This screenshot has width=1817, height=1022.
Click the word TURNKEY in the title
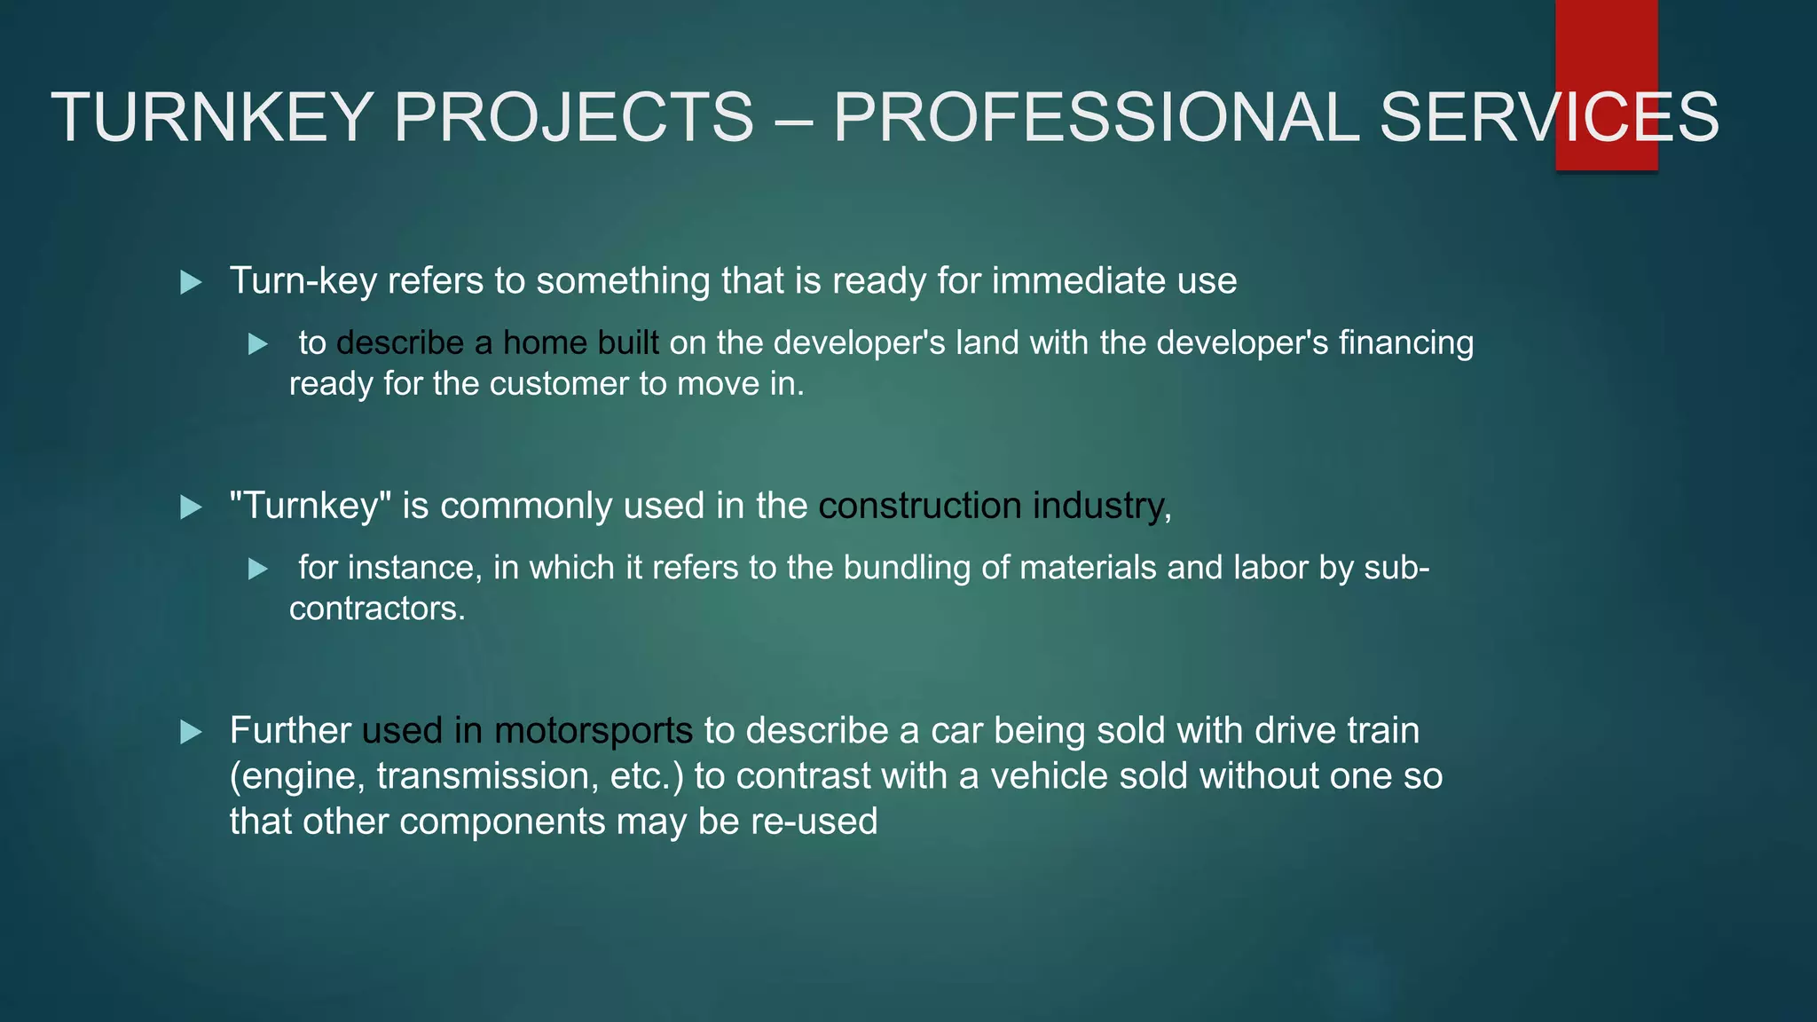click(x=211, y=117)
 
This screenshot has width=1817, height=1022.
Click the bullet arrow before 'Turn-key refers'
click(x=191, y=283)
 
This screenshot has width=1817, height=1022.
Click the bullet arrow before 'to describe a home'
click(x=258, y=344)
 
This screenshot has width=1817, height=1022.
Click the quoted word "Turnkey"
click(x=311, y=507)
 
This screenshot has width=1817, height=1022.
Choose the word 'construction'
click(x=920, y=506)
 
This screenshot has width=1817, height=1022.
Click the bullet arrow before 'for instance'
click(x=258, y=569)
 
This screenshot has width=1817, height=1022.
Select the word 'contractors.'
click(x=377, y=609)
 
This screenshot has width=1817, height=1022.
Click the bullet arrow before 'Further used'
click(x=191, y=733)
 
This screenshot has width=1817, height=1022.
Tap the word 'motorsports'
click(x=593, y=731)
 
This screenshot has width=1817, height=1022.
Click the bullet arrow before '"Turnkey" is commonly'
click(x=191, y=507)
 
